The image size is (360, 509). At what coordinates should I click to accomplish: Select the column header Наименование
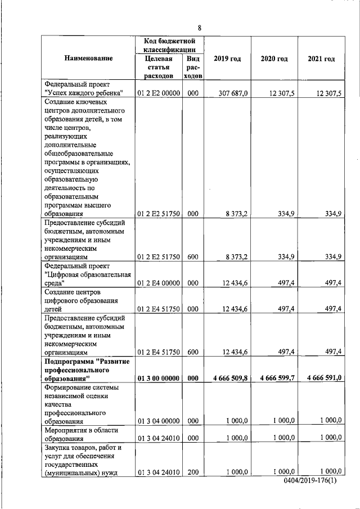[88, 58]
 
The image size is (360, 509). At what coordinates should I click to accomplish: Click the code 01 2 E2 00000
[158, 93]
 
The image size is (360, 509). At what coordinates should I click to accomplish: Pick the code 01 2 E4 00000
[158, 283]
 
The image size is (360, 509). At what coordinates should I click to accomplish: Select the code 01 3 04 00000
[158, 420]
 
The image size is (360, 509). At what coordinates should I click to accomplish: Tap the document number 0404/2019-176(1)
[313, 482]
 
